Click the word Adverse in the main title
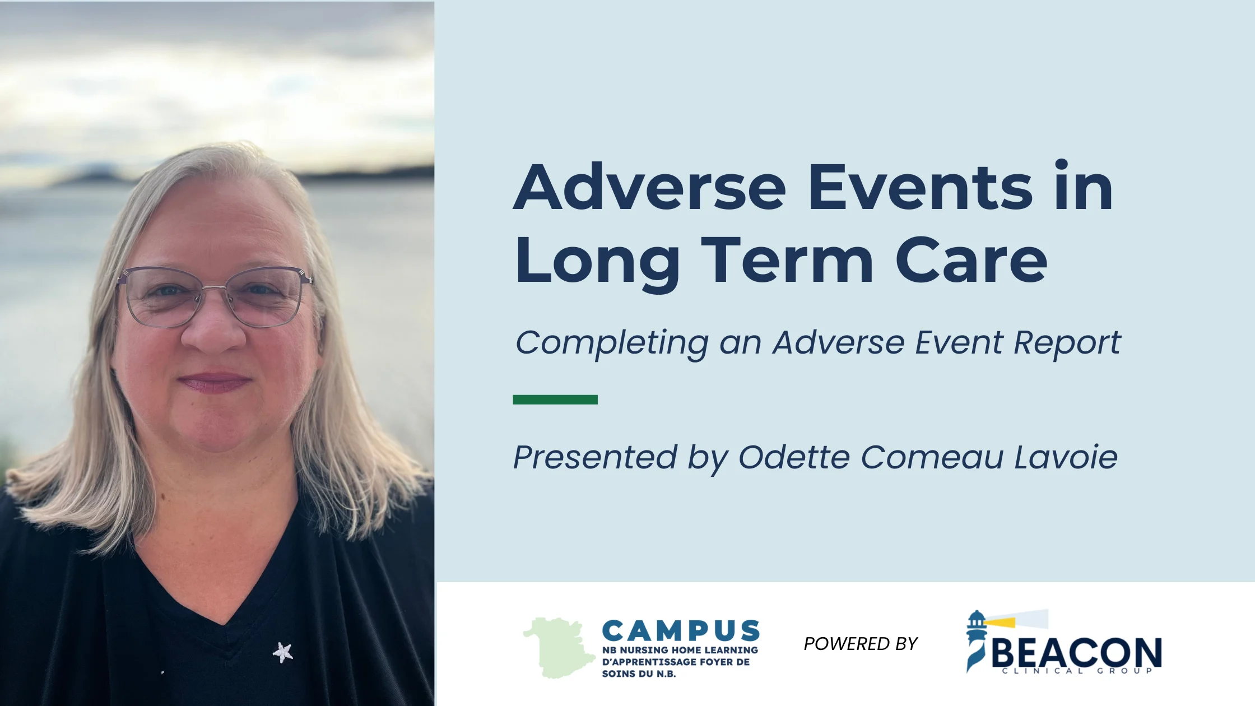[x=650, y=188]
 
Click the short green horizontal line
[x=555, y=400]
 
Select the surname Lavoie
[x=1066, y=457]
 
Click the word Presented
[x=596, y=457]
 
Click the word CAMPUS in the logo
[x=681, y=631]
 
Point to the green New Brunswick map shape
[x=559, y=648]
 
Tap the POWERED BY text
[x=861, y=644]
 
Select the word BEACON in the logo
[x=1076, y=652]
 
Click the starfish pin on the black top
[x=283, y=652]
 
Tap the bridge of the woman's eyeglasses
[x=215, y=288]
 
